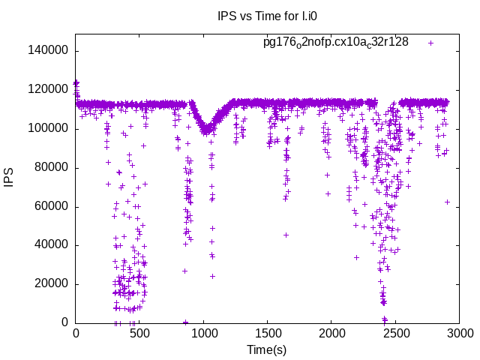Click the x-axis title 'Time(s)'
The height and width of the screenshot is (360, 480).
pos(267,350)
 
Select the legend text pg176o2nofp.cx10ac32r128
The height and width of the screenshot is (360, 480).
pos(335,42)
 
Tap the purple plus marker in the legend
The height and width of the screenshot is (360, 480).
pos(431,43)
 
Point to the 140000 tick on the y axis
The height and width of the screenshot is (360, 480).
pos(49,51)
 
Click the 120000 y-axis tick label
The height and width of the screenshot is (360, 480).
pos(49,90)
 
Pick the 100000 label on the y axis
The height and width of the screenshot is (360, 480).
pos(49,129)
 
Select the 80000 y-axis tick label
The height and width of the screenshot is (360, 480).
pos(52,167)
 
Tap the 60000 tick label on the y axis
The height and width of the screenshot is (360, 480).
pos(52,206)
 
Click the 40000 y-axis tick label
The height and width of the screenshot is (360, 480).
pos(52,245)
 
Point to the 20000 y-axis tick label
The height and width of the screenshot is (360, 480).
pos(52,284)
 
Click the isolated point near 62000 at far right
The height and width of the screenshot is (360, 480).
pos(447,202)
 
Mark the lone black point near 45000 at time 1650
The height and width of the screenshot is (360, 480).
pos(286,235)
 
